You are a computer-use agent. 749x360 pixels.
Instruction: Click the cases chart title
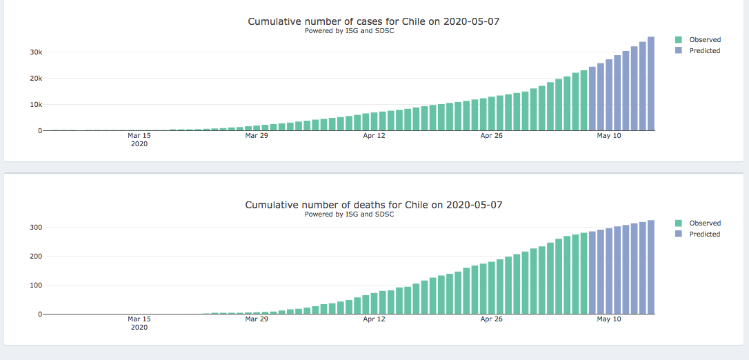point(373,21)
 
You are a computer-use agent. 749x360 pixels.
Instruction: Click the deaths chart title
point(373,205)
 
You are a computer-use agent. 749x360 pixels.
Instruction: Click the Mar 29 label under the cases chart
point(257,136)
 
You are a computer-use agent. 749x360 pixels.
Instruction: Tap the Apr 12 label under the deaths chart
point(374,319)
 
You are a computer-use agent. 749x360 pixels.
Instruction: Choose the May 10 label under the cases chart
point(609,136)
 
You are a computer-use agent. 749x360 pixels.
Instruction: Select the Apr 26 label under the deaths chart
point(491,319)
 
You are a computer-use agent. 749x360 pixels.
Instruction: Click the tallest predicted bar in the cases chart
point(650,83)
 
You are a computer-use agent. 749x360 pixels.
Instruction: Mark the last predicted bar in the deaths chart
point(650,267)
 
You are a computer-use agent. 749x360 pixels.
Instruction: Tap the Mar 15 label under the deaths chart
point(139,319)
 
